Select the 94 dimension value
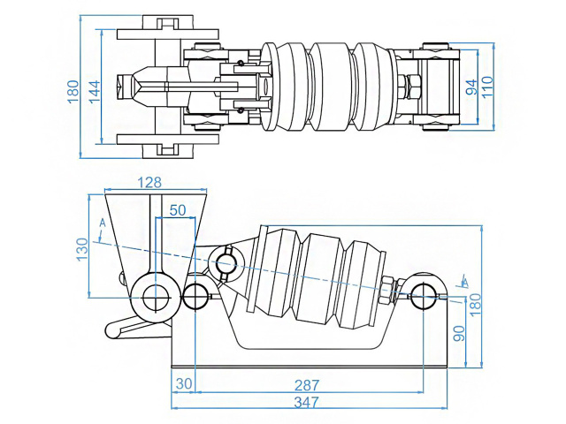(x=472, y=87)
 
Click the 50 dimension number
(x=178, y=210)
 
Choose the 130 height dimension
(x=81, y=248)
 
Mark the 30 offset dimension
(x=183, y=385)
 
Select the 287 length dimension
(x=307, y=385)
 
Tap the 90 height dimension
(x=459, y=335)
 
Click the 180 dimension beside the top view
(x=73, y=89)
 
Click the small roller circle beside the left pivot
(x=195, y=296)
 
